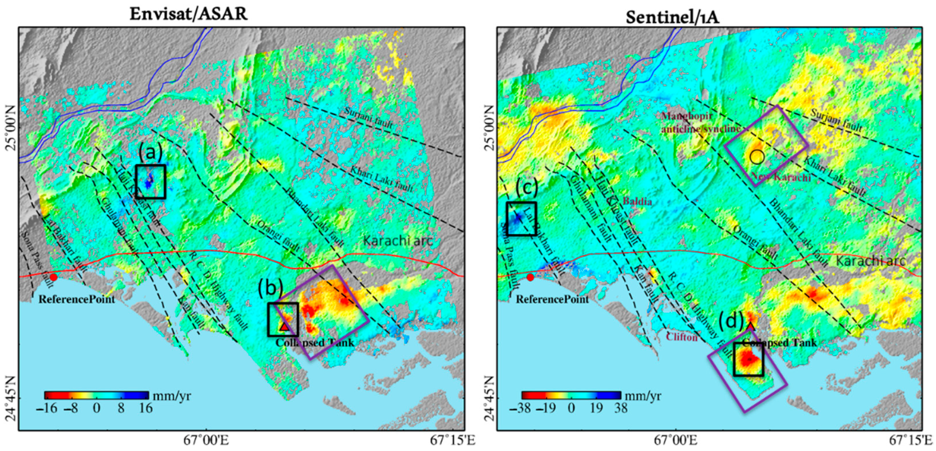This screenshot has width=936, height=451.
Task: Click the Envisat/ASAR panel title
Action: [x=189, y=14]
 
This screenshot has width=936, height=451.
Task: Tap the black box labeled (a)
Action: [x=150, y=182]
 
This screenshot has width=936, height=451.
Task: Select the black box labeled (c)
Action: [x=521, y=219]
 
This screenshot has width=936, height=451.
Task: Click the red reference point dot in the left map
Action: [x=54, y=277]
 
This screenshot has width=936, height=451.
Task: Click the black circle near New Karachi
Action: [x=757, y=157]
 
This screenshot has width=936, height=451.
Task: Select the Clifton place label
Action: [x=682, y=337]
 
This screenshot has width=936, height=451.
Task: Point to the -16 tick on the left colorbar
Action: [x=47, y=408]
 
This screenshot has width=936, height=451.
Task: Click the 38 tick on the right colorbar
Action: [x=621, y=408]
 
